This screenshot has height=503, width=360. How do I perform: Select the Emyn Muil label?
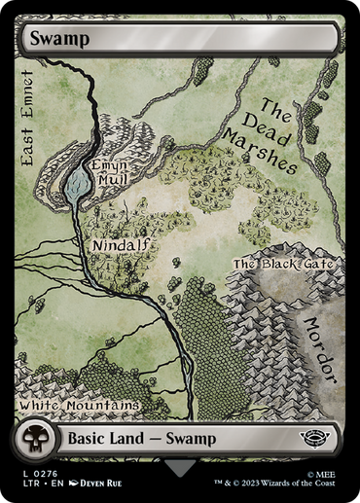click(109, 172)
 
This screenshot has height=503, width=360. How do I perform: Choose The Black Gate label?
click(283, 264)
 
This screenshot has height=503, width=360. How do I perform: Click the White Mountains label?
click(79, 403)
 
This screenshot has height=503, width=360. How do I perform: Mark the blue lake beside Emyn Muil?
click(75, 179)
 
